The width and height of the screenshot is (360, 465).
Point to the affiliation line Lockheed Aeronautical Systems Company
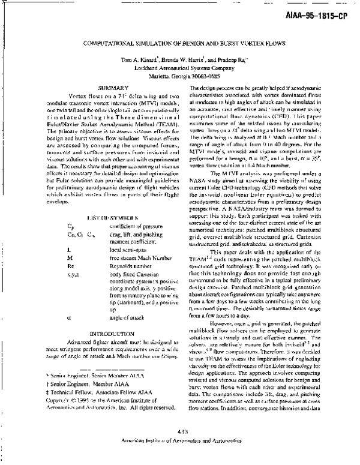[x=179, y=68]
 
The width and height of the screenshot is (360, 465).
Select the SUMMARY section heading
[x=97, y=88]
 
